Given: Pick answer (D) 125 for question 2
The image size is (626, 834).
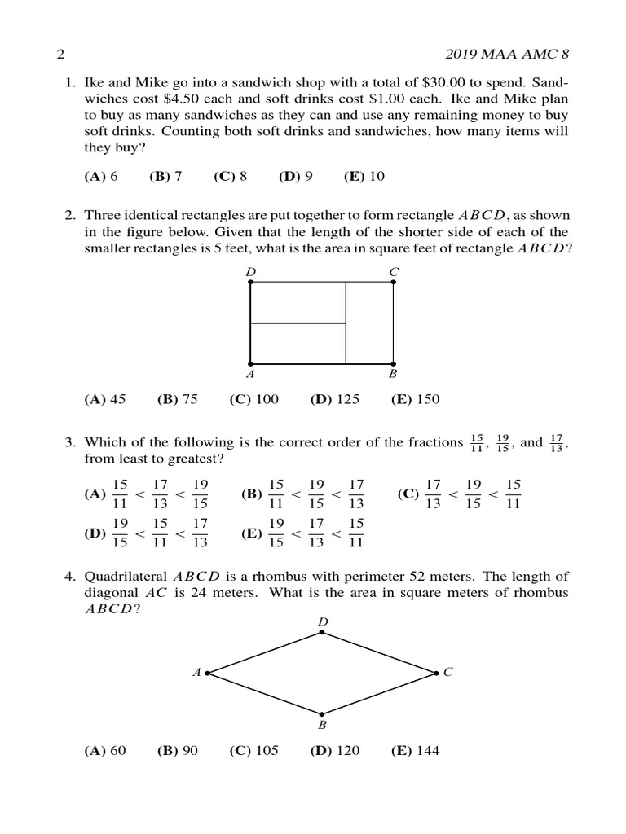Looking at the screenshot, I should pos(334,399).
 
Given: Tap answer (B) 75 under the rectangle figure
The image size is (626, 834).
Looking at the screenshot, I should pos(178,399).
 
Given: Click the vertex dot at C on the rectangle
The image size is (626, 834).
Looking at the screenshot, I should pos(394,282).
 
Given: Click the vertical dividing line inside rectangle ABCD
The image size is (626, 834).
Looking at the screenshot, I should pos(346,323).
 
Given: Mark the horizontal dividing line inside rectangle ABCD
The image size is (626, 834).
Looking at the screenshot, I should pos(298,323).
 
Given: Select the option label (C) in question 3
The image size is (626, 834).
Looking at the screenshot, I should pos(408,494).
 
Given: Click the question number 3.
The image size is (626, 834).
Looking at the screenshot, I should pos(69,442).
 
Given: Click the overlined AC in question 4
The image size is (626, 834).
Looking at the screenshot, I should pos(156,593).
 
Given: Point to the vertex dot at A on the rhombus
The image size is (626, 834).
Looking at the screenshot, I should pos(208,674).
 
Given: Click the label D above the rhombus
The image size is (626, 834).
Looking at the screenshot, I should pos(323,623).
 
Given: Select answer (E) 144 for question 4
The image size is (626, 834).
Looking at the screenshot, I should pos(415,751).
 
